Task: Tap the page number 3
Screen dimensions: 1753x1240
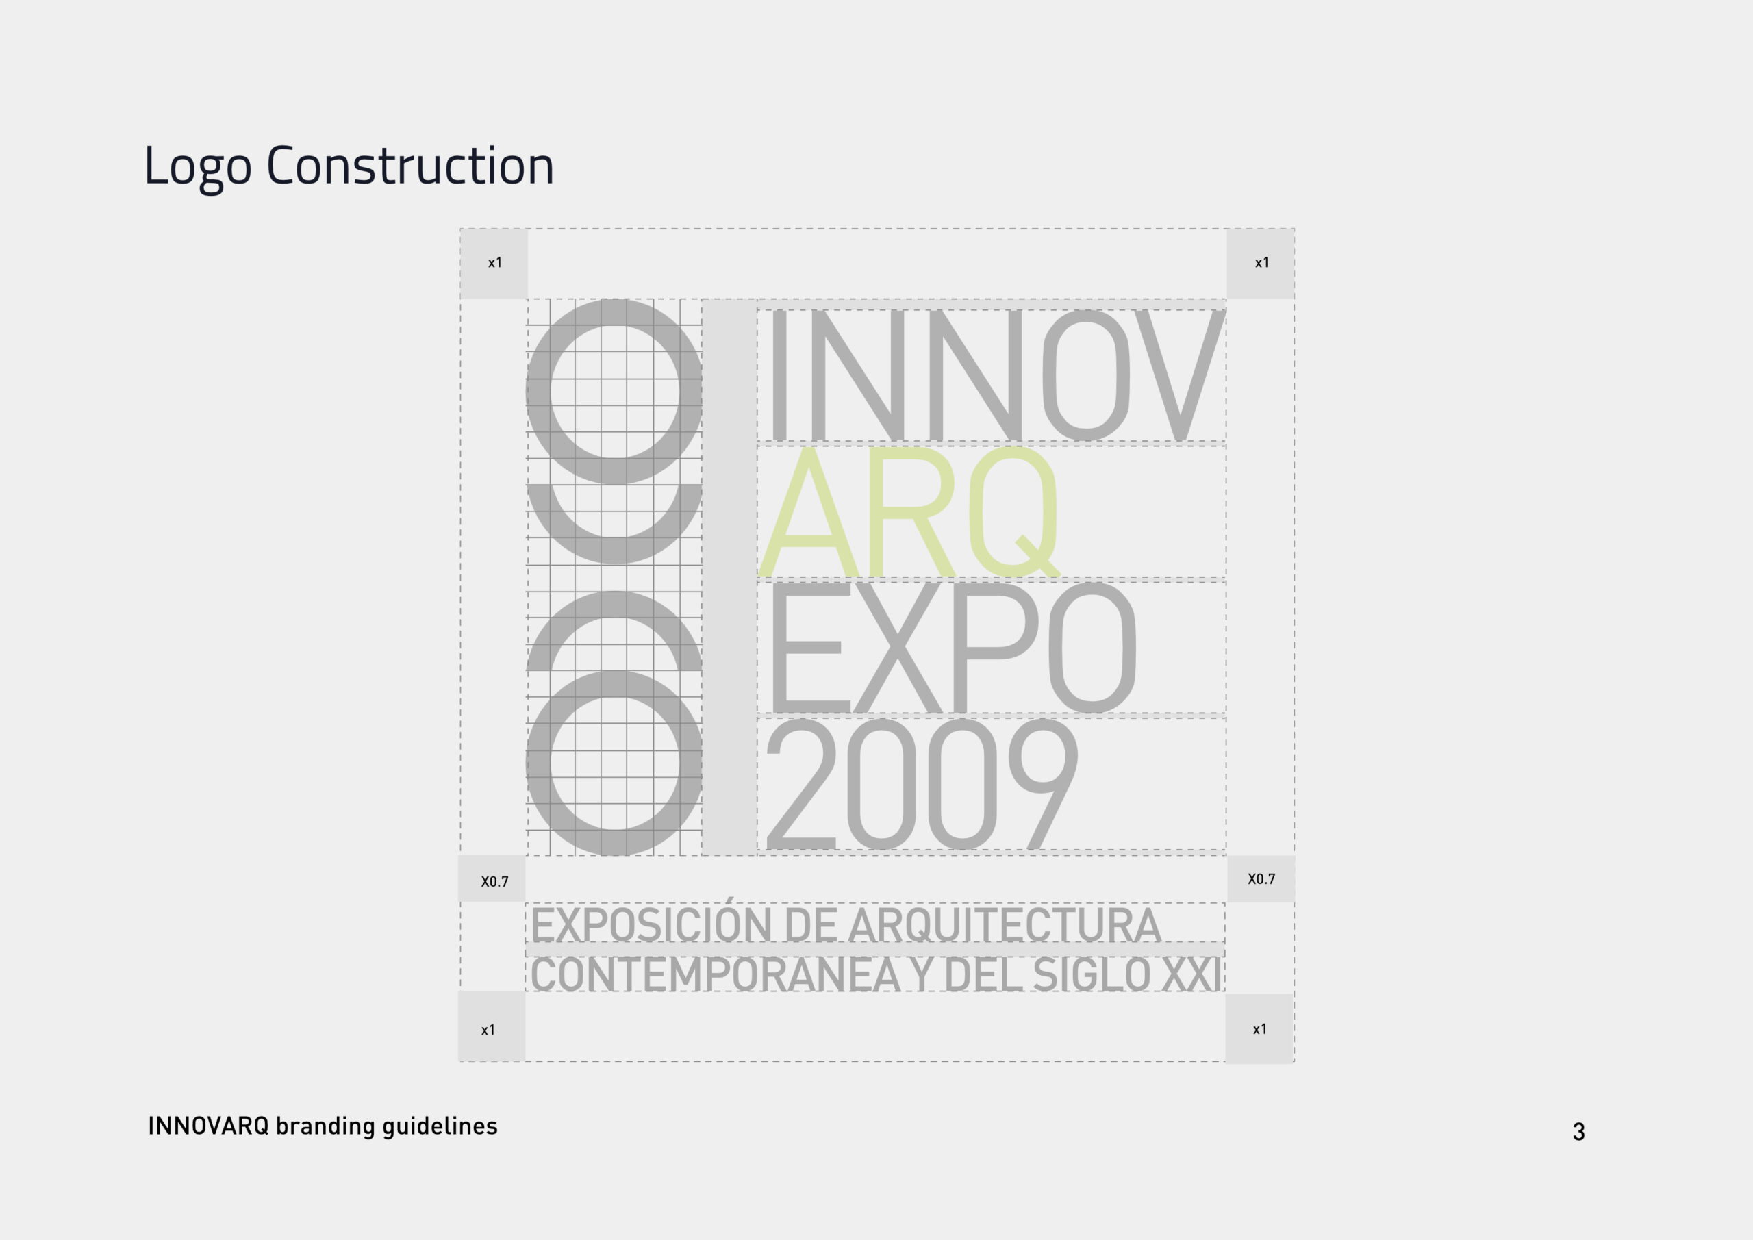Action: click(1578, 1132)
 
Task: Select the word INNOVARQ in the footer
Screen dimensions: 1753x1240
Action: click(208, 1126)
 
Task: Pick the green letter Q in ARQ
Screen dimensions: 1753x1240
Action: click(1015, 511)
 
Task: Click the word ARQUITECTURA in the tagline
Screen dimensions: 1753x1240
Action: click(1005, 926)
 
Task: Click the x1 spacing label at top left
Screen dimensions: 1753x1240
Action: click(495, 263)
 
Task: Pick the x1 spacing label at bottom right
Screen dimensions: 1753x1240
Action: click(1260, 1029)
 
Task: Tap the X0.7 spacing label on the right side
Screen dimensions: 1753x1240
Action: click(1261, 879)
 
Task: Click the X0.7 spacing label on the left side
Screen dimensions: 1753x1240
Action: click(495, 881)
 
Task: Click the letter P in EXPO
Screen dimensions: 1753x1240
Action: click(995, 648)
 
